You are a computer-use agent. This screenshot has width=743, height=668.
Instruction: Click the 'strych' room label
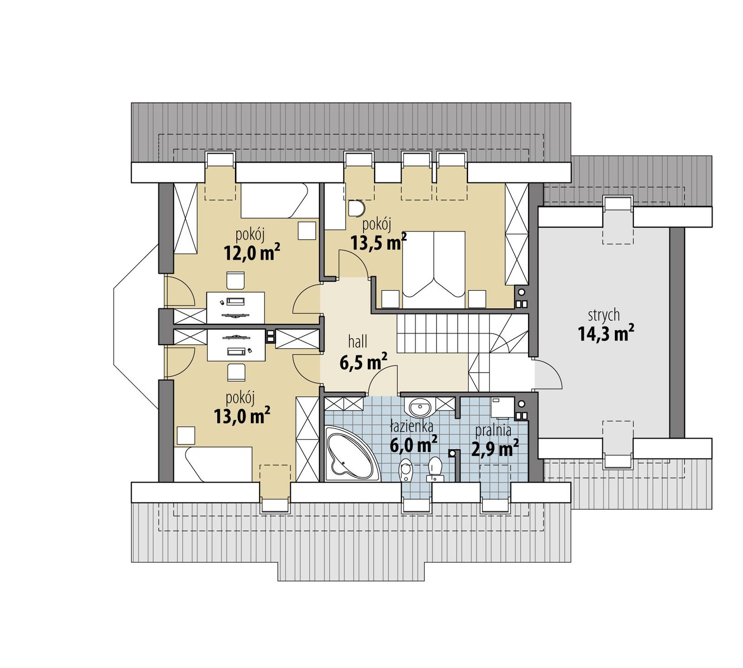point(604,315)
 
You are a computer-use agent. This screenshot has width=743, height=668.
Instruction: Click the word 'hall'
point(358,342)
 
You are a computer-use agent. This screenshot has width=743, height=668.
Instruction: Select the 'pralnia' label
point(493,431)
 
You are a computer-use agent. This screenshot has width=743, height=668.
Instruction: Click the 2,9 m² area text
point(495,449)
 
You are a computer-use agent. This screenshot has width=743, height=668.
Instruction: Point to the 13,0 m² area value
point(242,416)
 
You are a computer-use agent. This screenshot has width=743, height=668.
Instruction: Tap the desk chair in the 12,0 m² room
point(235,281)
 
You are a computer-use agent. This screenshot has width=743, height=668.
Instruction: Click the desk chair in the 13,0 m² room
point(236,372)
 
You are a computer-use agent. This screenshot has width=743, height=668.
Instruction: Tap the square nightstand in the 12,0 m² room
point(306,230)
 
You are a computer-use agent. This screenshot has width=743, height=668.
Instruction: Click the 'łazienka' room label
point(411,426)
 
